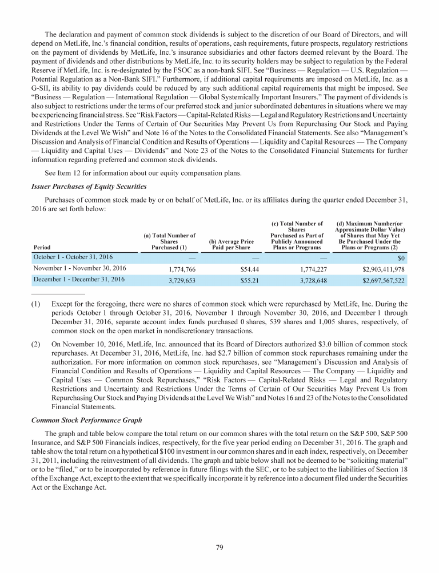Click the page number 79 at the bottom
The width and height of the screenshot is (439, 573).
tap(219, 547)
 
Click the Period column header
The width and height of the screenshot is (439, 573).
tap(43, 248)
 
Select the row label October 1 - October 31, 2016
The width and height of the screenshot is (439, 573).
tap(73, 257)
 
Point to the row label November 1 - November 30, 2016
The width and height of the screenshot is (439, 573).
tap(78, 268)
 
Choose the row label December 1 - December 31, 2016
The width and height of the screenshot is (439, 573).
tap(78, 280)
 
